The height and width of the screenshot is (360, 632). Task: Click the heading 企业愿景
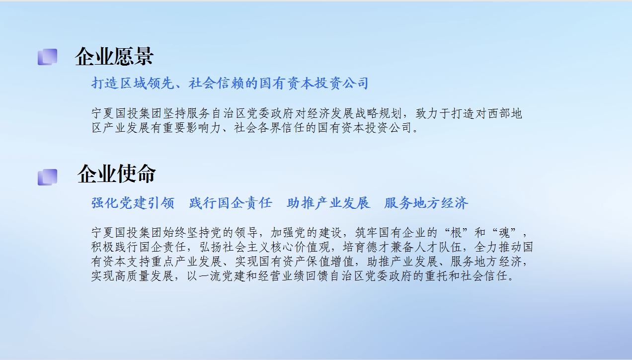[114, 57]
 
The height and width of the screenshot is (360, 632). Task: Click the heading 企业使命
[117, 174]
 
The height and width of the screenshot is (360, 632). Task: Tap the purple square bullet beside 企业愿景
[47, 57]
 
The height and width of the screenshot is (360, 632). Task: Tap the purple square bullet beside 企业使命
[47, 177]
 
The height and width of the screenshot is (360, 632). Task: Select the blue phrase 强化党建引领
[133, 203]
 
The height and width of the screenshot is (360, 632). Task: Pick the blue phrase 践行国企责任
[231, 203]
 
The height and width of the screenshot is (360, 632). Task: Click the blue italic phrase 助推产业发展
[328, 203]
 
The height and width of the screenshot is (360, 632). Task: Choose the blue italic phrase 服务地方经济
[426, 203]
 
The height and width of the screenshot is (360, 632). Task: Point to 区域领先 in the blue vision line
[147, 84]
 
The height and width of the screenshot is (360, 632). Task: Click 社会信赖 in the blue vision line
[216, 84]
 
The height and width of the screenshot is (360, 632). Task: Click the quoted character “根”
[456, 233]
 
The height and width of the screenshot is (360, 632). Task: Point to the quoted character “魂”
[504, 233]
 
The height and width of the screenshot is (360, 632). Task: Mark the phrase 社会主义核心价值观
[276, 247]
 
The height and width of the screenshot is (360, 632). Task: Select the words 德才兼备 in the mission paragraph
[390, 247]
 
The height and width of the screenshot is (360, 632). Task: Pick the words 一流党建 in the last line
[222, 276]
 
